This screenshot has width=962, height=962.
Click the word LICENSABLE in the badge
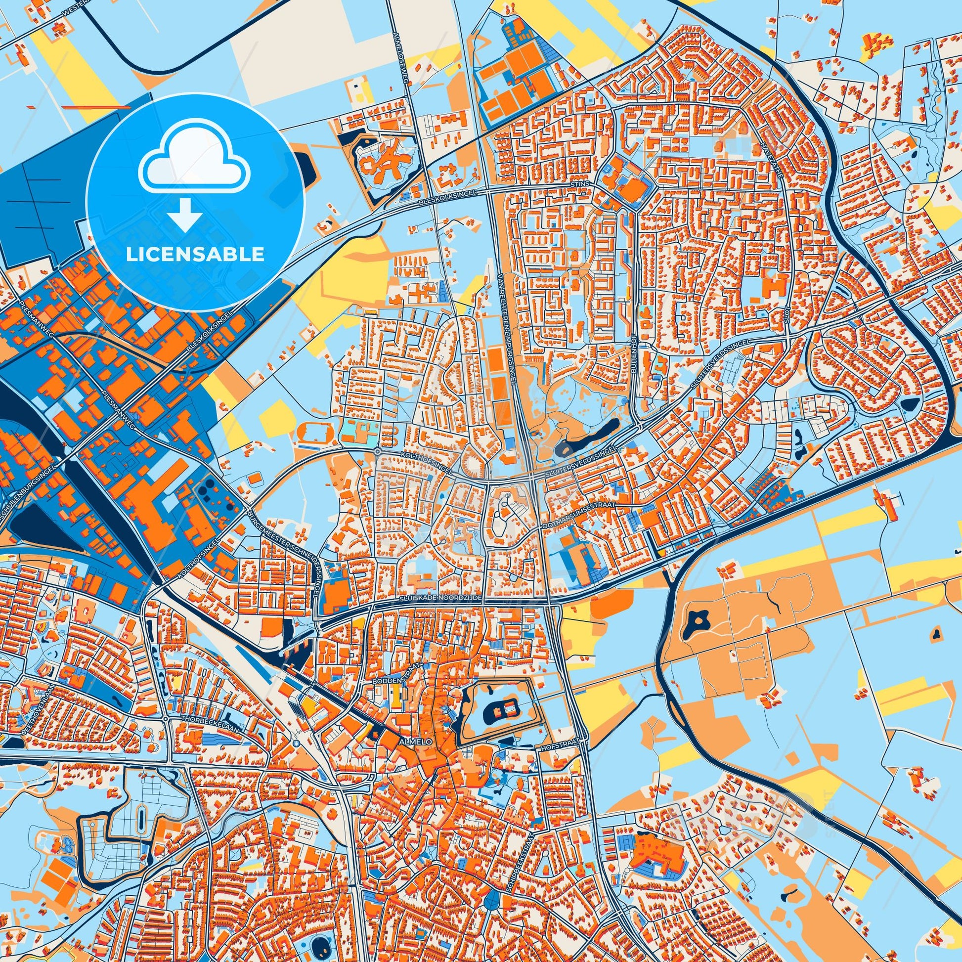(195, 255)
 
